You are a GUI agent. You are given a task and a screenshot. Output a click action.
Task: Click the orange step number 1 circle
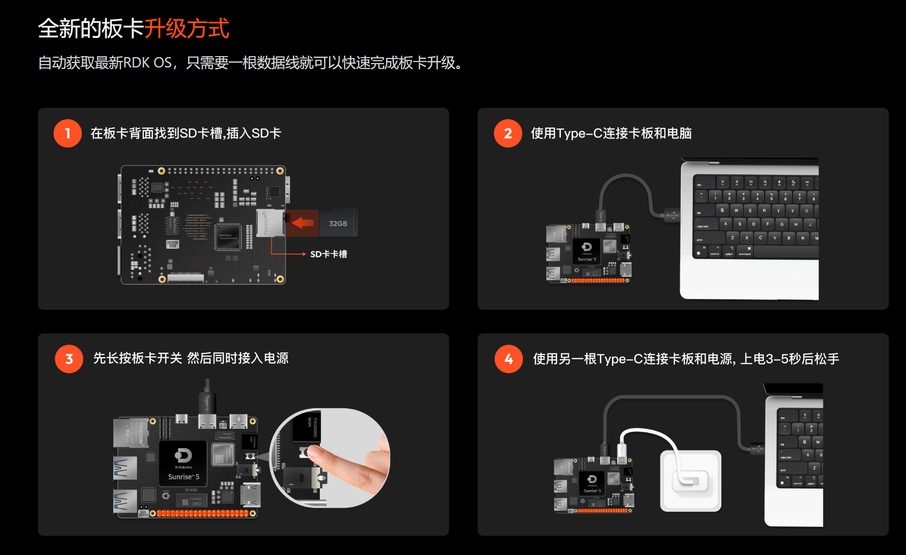click(x=67, y=133)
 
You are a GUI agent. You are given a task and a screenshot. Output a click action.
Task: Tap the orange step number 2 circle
click(x=508, y=133)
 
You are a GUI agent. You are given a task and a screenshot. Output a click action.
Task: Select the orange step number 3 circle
click(x=69, y=359)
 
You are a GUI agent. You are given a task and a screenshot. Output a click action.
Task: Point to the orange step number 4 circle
click(x=509, y=359)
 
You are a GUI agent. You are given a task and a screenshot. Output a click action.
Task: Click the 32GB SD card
click(x=338, y=223)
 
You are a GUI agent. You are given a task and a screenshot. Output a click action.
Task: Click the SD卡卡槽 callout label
click(x=328, y=254)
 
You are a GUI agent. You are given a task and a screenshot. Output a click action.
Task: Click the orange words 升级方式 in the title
click(x=187, y=29)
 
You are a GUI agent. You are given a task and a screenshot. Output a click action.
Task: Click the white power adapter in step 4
click(x=690, y=481)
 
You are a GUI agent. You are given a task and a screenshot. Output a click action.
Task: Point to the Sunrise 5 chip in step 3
click(x=183, y=463)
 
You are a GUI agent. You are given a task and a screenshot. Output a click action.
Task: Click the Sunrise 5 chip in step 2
click(x=587, y=251)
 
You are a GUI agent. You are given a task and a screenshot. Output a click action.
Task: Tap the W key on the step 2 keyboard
click(x=736, y=210)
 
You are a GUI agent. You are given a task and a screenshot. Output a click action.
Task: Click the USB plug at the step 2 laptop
click(x=670, y=215)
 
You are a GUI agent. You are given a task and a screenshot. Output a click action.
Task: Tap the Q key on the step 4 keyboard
click(x=805, y=442)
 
